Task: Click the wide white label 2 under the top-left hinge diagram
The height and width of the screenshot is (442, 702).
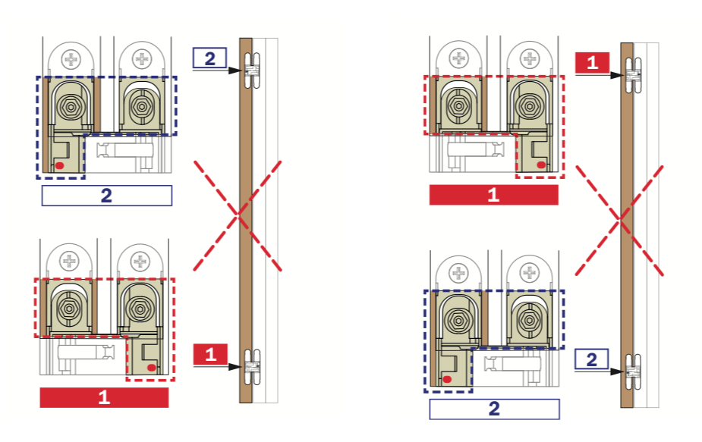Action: click(106, 196)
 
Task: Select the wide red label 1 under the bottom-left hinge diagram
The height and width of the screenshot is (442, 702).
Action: click(104, 397)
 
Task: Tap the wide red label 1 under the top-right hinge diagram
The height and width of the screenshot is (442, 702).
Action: click(493, 195)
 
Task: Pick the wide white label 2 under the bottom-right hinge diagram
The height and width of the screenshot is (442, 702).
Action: click(494, 409)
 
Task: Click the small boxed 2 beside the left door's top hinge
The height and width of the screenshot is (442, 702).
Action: click(210, 58)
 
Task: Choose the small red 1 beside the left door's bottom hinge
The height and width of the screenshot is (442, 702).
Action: click(211, 354)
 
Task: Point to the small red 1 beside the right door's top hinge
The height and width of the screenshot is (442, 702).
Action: click(593, 63)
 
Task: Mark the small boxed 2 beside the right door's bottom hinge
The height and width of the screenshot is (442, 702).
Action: click(592, 359)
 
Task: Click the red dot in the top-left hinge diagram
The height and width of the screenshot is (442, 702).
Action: click(58, 165)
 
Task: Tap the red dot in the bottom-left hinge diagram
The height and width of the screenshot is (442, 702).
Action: click(152, 368)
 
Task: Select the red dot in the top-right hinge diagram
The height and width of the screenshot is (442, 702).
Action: click(540, 164)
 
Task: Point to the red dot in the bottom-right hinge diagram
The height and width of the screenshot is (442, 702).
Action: click(446, 378)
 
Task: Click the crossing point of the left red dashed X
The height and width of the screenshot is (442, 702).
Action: click(238, 215)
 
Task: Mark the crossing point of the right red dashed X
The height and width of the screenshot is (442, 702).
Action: click(620, 219)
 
